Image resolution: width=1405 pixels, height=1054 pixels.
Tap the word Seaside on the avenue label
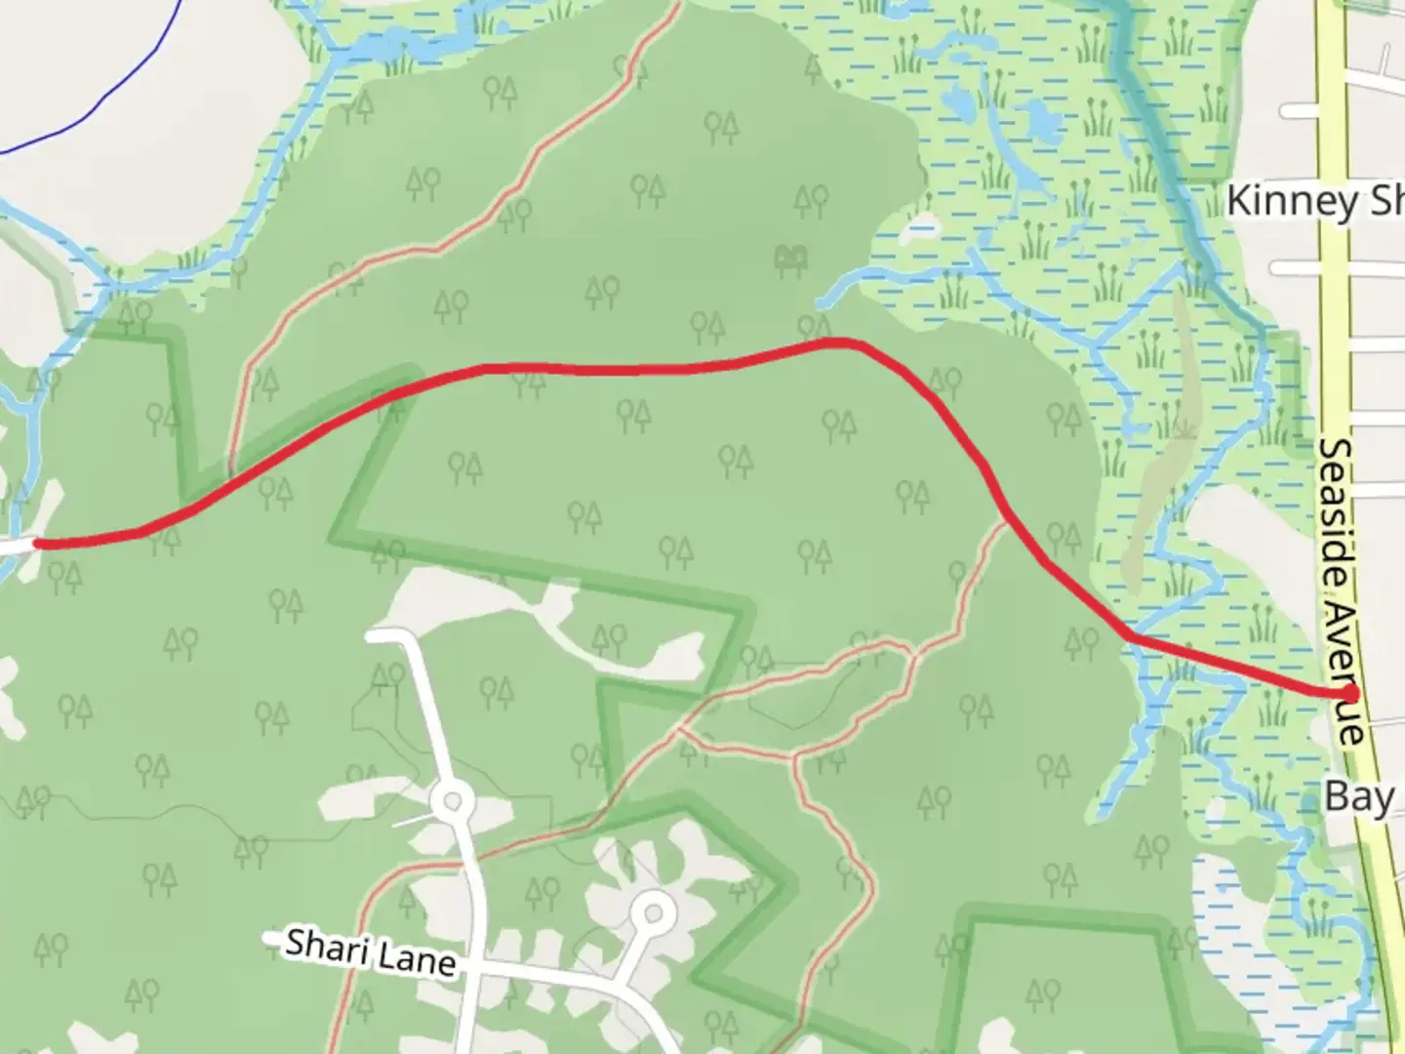click(1337, 507)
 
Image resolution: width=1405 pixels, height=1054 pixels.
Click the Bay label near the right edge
click(1358, 797)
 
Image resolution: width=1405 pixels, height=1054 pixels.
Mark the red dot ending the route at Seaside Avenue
click(1350, 693)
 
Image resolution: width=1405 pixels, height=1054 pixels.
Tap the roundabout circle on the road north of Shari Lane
click(452, 803)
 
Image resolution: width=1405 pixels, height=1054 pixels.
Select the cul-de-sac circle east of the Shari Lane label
click(654, 914)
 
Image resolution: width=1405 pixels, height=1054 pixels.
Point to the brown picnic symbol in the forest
click(790, 260)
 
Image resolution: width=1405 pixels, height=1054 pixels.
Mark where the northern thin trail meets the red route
click(230, 477)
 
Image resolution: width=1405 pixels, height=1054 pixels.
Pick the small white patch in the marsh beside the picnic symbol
click(919, 230)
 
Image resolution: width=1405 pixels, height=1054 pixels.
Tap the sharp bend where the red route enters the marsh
click(1130, 636)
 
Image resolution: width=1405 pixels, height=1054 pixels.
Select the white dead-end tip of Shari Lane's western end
click(270, 937)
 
